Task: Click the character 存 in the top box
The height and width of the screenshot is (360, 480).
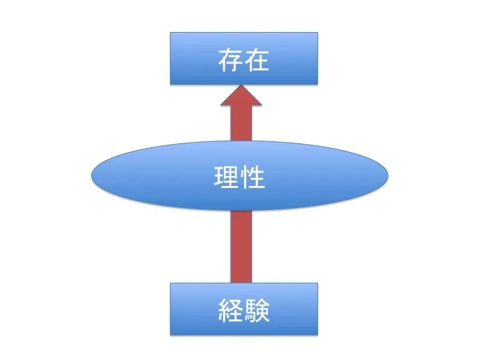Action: point(230,61)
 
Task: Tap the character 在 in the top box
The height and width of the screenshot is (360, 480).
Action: point(257,61)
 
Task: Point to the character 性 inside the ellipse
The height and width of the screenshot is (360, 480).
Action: point(253,177)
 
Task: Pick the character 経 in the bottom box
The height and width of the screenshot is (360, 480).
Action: point(230,311)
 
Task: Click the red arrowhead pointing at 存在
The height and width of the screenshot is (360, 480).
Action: point(241,100)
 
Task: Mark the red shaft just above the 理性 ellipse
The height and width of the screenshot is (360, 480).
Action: point(241,131)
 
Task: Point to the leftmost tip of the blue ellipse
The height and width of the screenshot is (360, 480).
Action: point(91,176)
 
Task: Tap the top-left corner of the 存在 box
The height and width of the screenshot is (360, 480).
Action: point(171,33)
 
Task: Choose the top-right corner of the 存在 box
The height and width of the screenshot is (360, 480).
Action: point(317,33)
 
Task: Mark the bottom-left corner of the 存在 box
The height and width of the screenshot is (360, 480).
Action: point(171,84)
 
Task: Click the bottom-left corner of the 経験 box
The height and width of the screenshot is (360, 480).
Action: point(171,335)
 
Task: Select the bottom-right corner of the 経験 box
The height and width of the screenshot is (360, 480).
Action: point(317,335)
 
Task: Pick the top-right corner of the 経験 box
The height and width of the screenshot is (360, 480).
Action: point(317,283)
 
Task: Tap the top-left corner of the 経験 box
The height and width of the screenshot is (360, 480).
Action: point(171,283)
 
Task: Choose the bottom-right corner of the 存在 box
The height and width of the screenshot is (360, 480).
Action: point(317,84)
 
